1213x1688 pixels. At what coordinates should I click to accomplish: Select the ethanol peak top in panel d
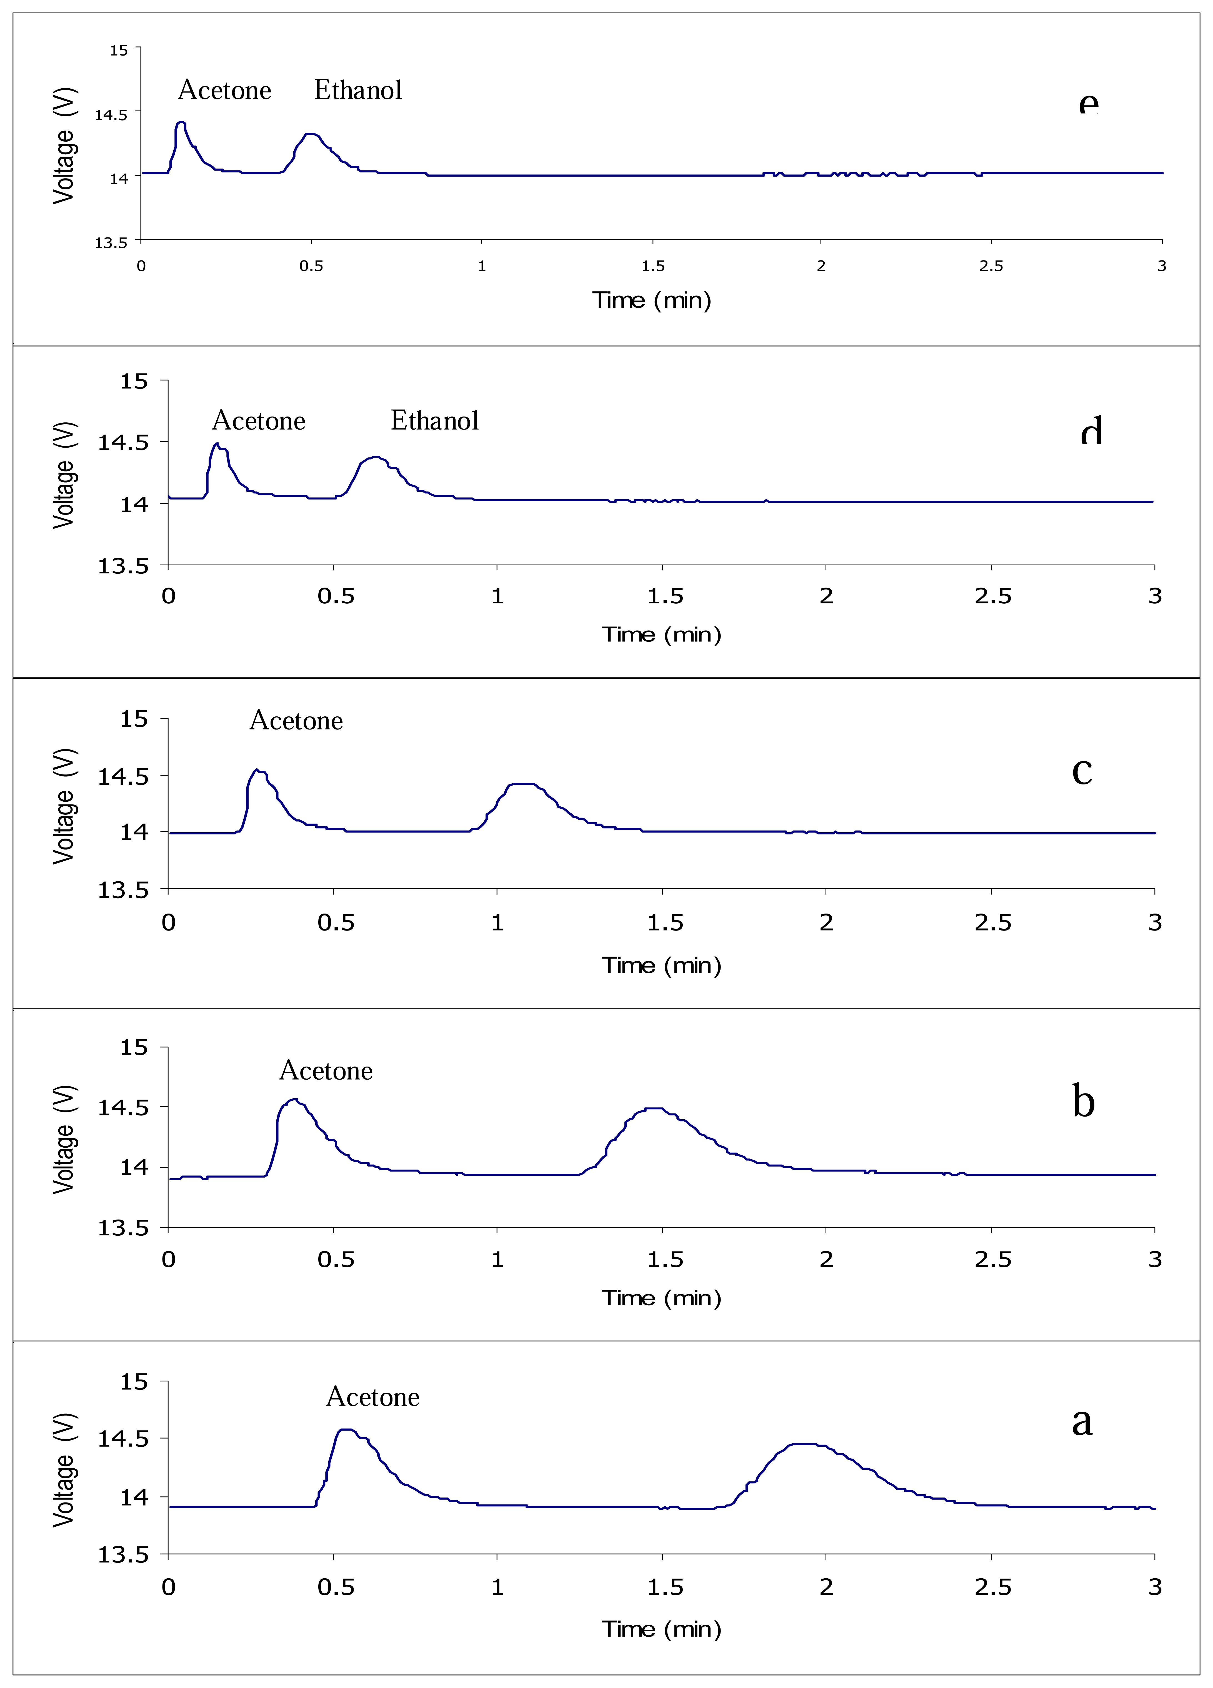(376, 457)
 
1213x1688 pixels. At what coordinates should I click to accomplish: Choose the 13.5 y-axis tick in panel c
(123, 890)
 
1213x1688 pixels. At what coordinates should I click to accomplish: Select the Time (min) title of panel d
(661, 635)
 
